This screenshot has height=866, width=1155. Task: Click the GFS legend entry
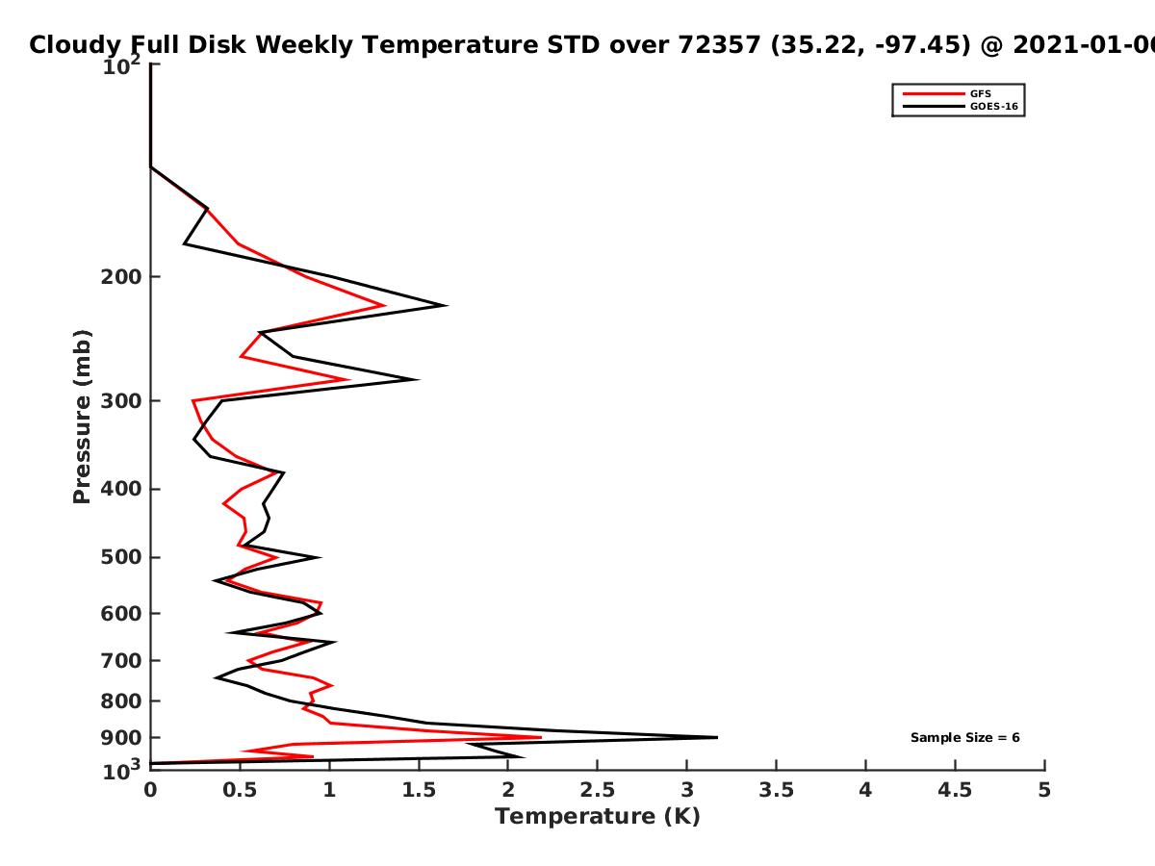coord(980,94)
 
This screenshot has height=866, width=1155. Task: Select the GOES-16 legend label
coord(994,106)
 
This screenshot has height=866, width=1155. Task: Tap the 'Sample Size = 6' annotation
coord(965,738)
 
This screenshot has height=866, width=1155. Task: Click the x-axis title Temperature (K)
coord(598,817)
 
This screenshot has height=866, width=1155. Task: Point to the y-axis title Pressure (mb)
coord(82,417)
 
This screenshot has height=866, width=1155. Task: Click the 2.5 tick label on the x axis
coord(598,790)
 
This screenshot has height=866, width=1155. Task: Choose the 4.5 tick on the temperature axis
coord(955,790)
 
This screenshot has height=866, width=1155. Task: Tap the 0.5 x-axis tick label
coord(240,790)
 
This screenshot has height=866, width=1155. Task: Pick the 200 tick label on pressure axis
coord(121,276)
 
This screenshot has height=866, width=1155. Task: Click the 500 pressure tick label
coord(121,557)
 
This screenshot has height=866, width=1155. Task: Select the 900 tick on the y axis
coord(121,738)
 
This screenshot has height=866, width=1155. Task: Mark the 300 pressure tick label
coord(121,401)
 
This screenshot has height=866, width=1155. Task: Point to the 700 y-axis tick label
coord(121,660)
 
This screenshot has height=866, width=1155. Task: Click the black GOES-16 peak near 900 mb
coord(717,737)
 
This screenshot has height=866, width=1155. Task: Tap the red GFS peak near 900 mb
coord(541,737)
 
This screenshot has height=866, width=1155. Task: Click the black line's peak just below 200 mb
coord(447,305)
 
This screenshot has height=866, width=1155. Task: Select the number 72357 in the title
coord(719,45)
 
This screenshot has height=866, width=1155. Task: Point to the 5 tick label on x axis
coord(1044,790)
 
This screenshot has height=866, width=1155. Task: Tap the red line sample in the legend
coord(934,94)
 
